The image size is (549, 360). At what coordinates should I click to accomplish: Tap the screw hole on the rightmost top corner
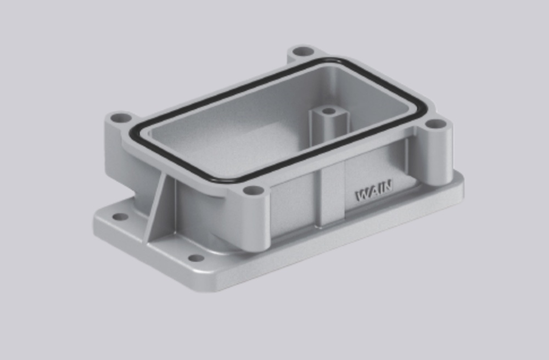click(x=435, y=124)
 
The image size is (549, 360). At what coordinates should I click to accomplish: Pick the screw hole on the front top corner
click(x=254, y=191)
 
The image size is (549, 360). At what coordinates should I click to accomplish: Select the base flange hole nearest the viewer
click(x=196, y=258)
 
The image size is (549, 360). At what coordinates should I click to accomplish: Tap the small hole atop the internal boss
click(x=328, y=111)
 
